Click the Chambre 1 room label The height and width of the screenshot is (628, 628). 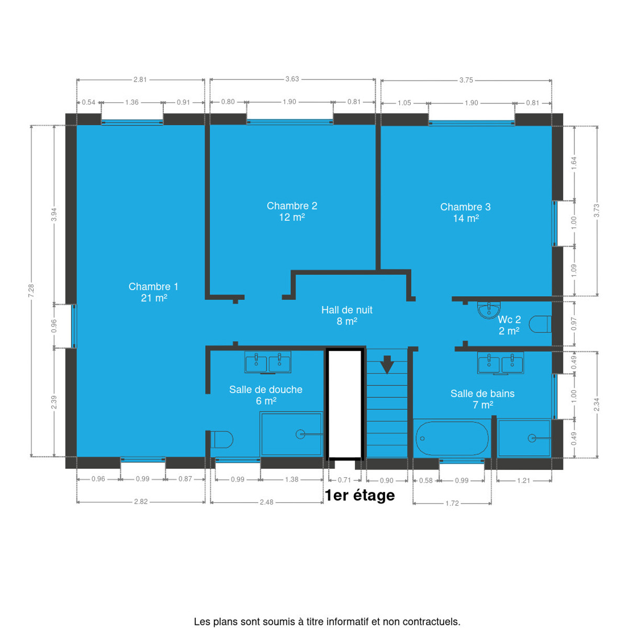[153, 292]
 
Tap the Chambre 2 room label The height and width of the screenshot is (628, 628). [292, 211]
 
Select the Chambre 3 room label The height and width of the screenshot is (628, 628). [466, 212]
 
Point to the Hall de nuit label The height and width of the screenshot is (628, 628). [347, 315]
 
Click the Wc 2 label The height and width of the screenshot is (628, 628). [509, 325]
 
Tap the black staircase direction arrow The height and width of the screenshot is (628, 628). [387, 364]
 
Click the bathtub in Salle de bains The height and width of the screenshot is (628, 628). [452, 438]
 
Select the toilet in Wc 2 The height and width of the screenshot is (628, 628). [540, 324]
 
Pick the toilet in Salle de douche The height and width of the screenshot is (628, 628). [221, 440]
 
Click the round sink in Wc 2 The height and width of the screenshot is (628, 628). [489, 310]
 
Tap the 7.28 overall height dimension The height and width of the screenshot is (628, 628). [31, 290]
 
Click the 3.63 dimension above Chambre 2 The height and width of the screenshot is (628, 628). [293, 79]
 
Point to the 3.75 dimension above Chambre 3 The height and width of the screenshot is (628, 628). [466, 80]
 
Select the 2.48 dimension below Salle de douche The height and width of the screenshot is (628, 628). [266, 502]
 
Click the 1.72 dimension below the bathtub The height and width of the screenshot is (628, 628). [452, 503]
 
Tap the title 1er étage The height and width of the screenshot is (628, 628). [360, 495]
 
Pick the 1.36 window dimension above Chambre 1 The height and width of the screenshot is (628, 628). [132, 103]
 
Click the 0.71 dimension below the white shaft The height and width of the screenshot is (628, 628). [344, 480]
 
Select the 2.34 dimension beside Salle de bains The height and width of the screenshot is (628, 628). [597, 405]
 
